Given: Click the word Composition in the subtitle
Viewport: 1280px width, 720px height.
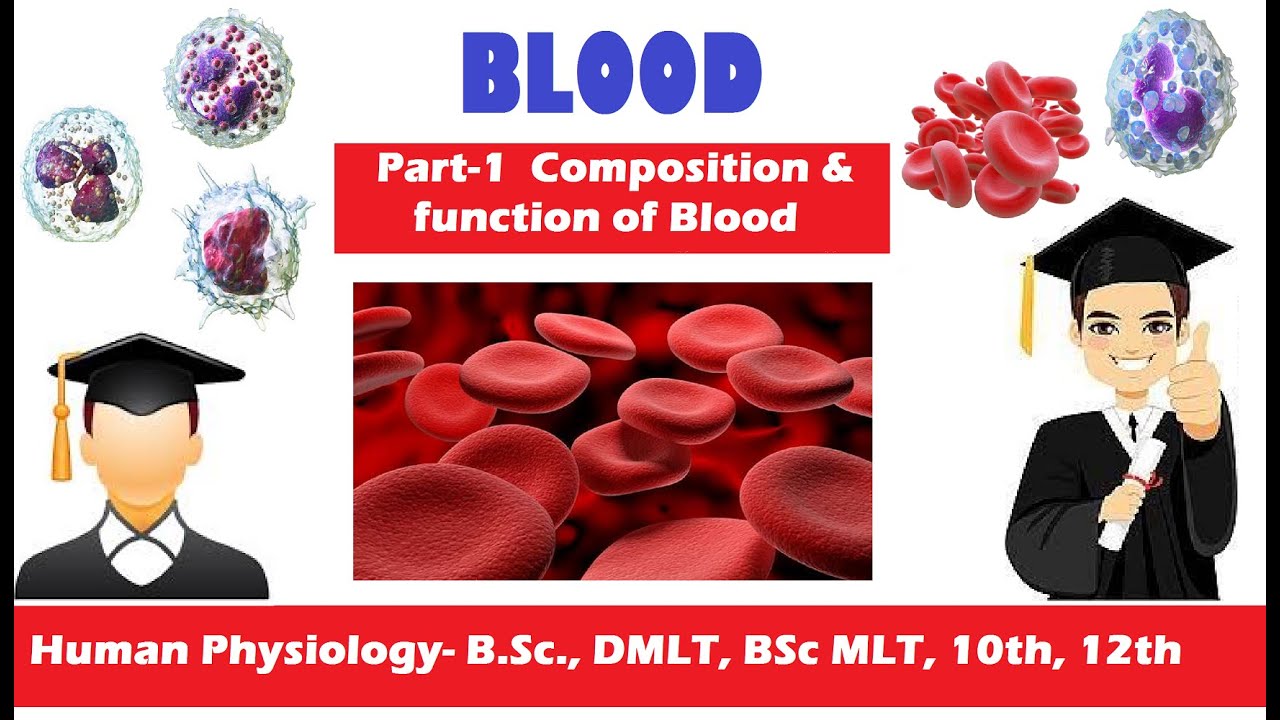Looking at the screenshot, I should click(668, 169).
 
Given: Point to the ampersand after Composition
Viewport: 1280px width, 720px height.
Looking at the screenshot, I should click(837, 169).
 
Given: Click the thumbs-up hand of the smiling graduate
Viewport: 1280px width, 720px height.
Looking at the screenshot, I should click(1195, 381).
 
